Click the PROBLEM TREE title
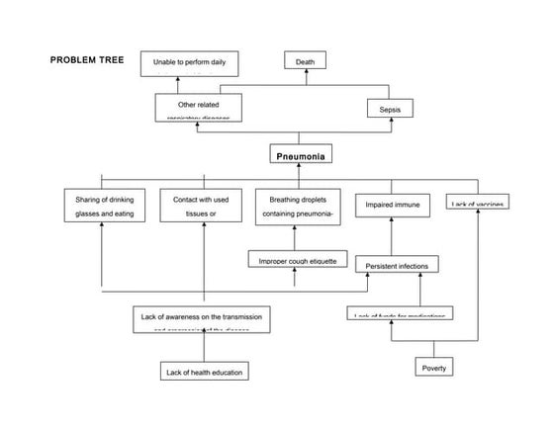[x=86, y=60]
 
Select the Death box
[x=306, y=61]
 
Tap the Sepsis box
[x=389, y=108]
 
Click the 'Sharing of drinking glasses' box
[x=104, y=207]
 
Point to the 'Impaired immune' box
[x=393, y=205]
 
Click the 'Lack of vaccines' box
[x=478, y=203]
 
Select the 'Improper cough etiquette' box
[x=298, y=260]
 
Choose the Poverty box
[x=434, y=368]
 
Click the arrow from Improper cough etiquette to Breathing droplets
[x=295, y=238]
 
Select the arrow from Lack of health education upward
[x=205, y=347]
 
